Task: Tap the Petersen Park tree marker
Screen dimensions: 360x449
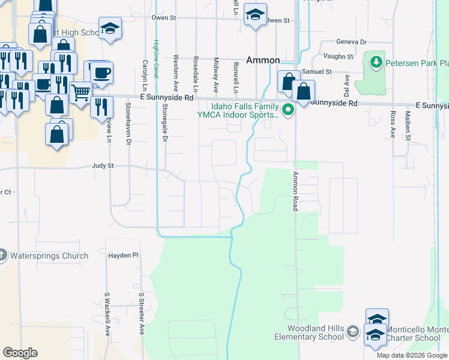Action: [376, 62]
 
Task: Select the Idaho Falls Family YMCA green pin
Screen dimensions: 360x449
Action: [288, 109]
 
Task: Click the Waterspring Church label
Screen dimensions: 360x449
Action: [49, 256]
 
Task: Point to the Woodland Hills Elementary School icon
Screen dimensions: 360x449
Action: [354, 331]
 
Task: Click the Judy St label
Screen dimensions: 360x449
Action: [103, 166]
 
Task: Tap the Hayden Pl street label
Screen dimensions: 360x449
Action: [123, 256]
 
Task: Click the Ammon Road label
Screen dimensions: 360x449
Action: [295, 191]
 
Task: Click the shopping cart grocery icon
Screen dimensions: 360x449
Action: [81, 93]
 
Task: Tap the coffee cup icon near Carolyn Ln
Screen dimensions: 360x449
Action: [100, 73]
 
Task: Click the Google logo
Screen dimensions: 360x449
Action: [20, 353]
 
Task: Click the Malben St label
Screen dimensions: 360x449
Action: [407, 125]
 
